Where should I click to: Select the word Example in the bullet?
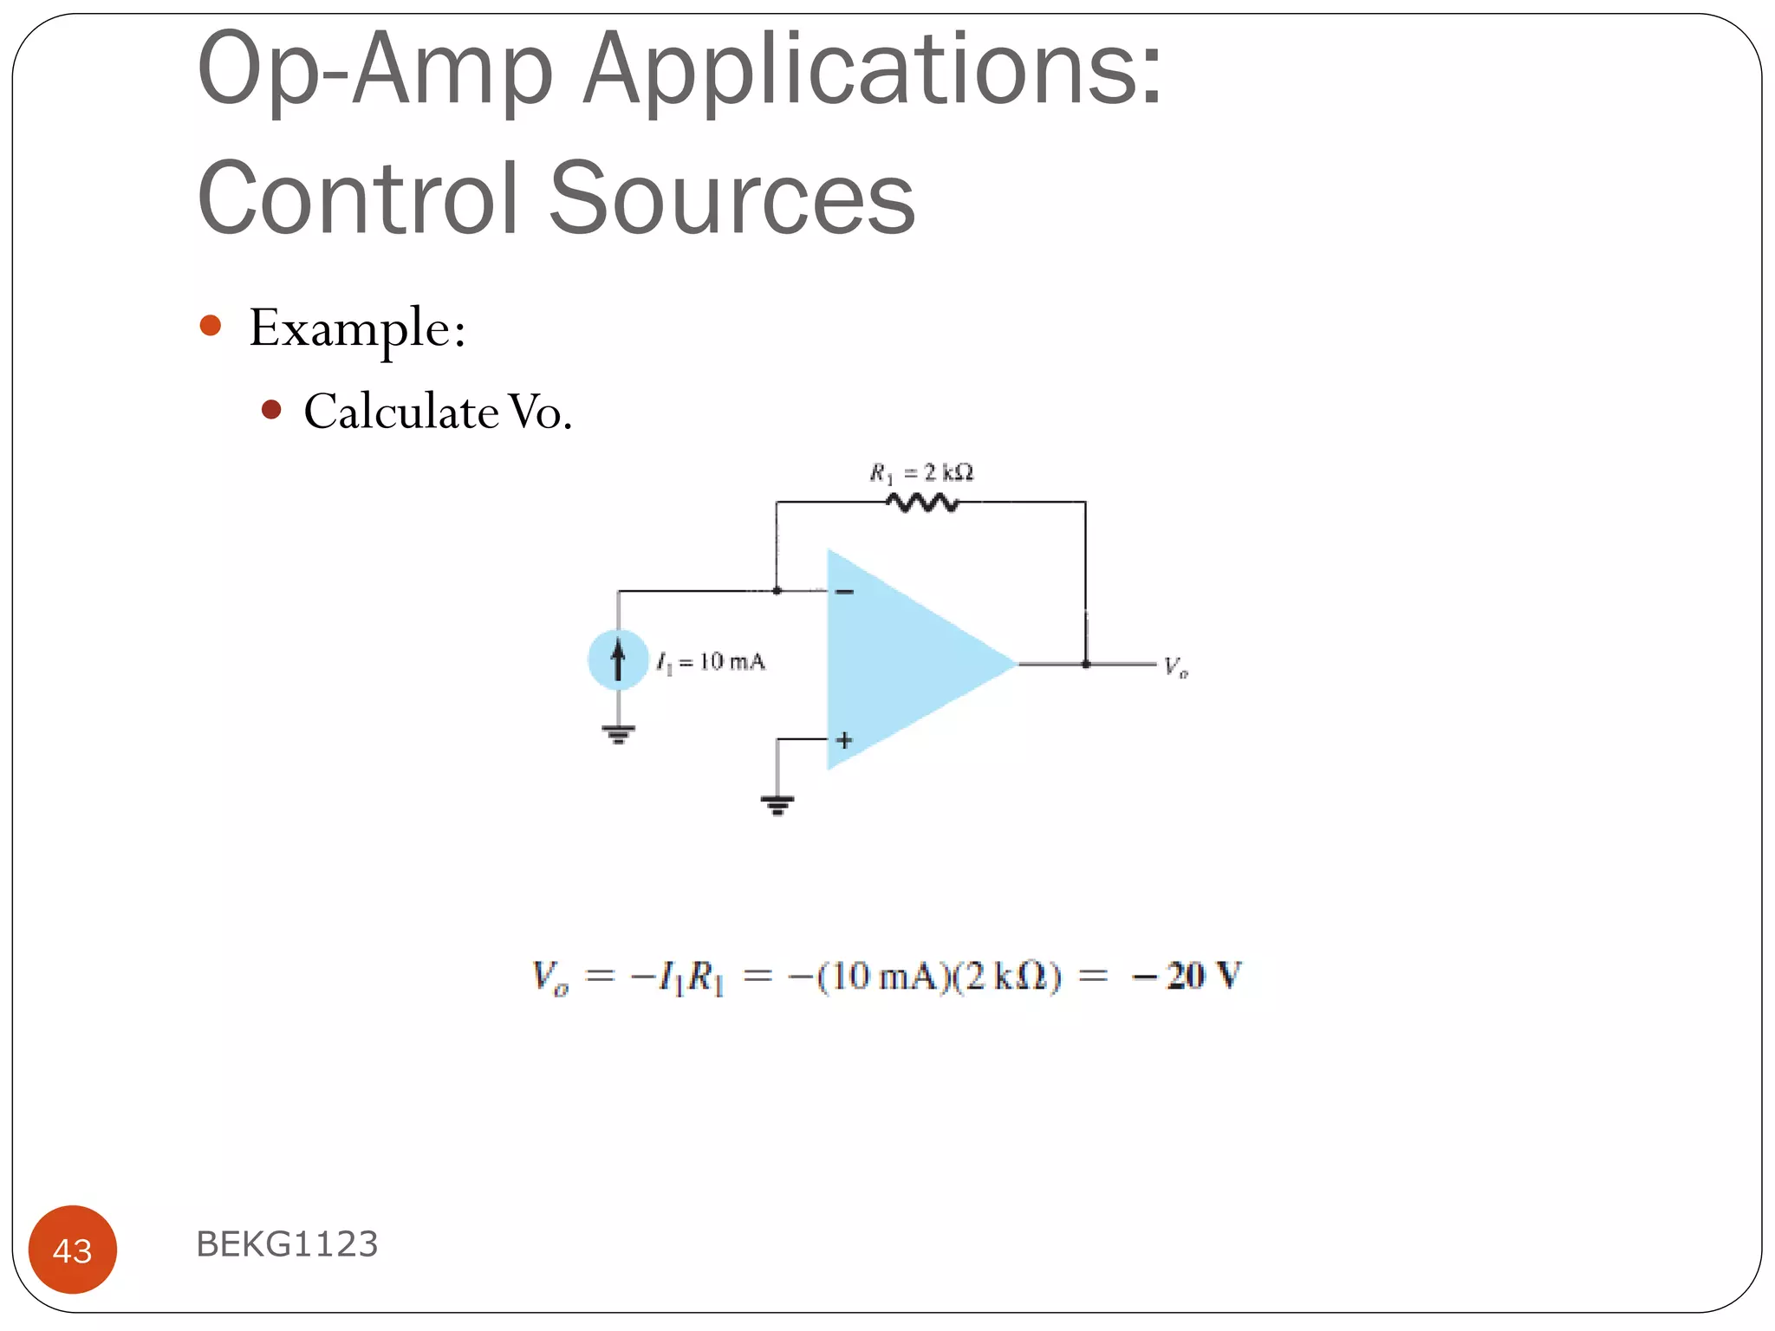350,328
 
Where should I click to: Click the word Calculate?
400,412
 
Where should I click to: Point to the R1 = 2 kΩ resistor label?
921,473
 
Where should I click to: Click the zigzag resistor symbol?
922,503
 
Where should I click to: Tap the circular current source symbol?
618,660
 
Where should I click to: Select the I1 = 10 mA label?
712,663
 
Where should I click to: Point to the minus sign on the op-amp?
844,592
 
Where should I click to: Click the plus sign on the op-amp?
844,740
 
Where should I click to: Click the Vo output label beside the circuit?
1175,667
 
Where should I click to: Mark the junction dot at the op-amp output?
1085,665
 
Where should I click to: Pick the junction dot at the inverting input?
777,591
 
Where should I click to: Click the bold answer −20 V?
1187,977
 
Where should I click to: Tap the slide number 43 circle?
73,1250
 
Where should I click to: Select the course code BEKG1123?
287,1244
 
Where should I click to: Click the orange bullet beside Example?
211,326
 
